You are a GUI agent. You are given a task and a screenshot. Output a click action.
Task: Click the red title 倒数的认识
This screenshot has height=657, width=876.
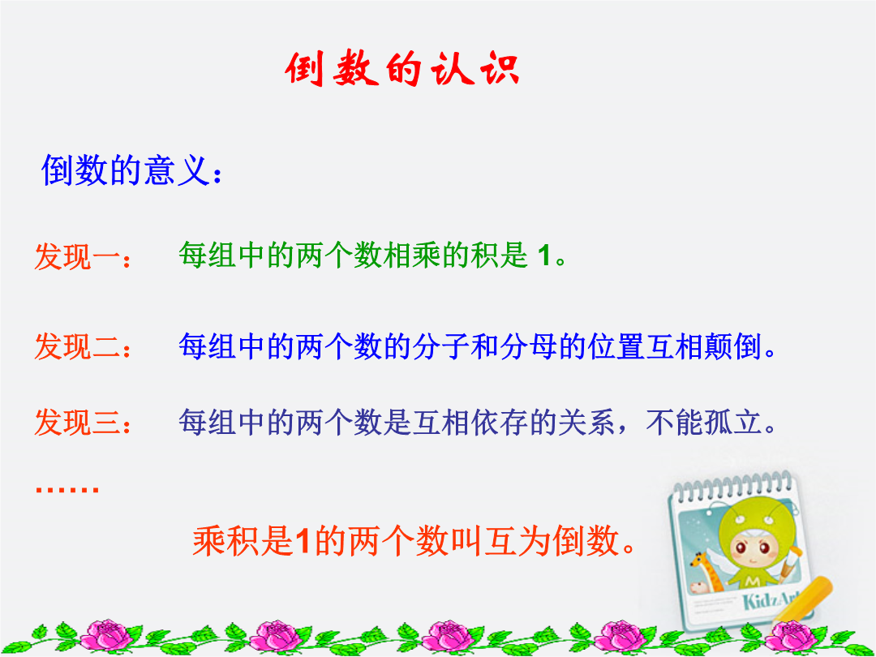click(402, 69)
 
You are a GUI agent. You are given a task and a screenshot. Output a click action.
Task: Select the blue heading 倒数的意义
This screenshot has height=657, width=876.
click(126, 170)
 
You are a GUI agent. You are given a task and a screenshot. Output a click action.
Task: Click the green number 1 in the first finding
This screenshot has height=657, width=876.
click(543, 255)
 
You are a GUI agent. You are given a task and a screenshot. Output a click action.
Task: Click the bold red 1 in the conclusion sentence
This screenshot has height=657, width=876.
click(303, 541)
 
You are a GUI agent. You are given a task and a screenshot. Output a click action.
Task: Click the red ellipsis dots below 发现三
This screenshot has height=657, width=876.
click(67, 489)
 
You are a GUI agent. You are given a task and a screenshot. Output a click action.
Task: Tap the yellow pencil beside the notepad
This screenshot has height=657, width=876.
click(805, 600)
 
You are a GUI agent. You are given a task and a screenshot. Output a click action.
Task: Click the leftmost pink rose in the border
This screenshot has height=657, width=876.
click(109, 636)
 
